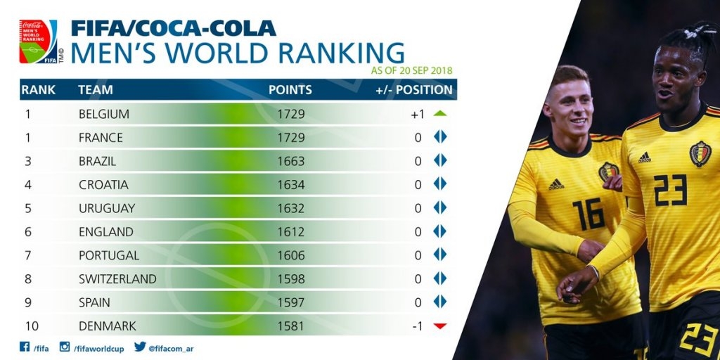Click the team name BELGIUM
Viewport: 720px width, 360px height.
point(103,114)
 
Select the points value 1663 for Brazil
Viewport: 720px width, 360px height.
point(290,161)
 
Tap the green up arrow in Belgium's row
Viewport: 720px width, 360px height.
point(440,113)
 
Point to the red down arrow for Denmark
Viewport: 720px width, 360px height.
point(440,326)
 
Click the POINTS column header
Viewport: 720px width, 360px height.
point(290,90)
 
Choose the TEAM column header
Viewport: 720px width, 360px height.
point(95,90)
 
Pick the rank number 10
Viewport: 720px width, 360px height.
point(32,326)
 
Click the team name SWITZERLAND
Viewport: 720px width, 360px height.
point(117,279)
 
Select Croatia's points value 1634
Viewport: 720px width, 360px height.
point(290,185)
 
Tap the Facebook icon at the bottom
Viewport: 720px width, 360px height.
point(24,347)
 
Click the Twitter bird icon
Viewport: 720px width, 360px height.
point(140,347)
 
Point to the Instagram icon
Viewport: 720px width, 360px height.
point(65,347)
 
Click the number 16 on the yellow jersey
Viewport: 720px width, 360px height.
point(588,213)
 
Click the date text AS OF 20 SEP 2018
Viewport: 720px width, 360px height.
point(411,70)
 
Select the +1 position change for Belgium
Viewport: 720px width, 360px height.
point(417,114)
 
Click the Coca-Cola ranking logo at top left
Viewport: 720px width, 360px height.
point(39,41)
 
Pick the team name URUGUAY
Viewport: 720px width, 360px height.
point(107,208)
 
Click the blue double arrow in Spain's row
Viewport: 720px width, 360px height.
point(440,302)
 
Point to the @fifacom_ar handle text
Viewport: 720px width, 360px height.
point(171,347)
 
